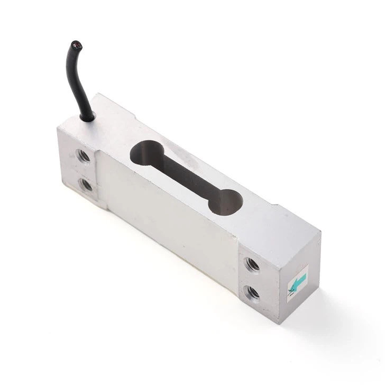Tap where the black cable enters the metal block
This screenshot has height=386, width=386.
88,116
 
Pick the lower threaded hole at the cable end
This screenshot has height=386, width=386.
86,185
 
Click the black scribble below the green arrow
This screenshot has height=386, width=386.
291,292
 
